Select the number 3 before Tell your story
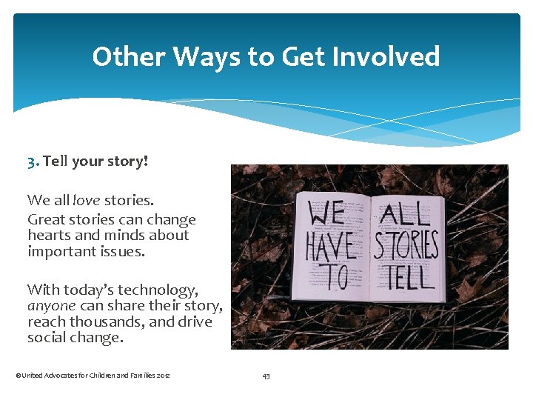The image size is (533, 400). [33, 161]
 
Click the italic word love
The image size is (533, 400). [86, 200]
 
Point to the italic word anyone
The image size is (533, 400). [52, 306]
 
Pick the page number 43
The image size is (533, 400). [266, 376]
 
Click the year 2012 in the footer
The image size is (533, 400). [163, 376]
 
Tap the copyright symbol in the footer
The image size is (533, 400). [18, 376]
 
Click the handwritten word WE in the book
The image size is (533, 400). [327, 215]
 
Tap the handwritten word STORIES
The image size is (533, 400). [406, 246]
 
